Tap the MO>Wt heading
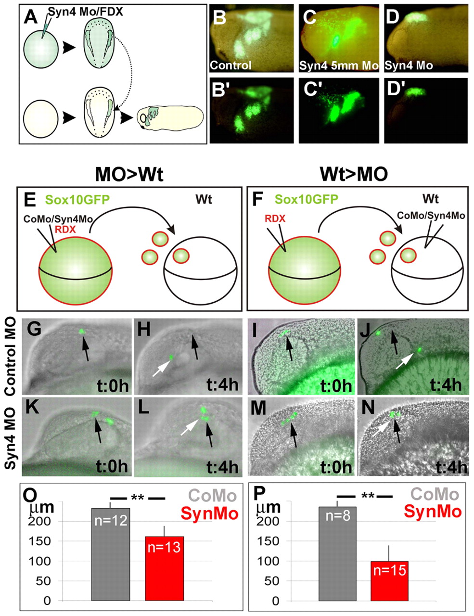click(x=129, y=175)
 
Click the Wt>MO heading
click(x=354, y=174)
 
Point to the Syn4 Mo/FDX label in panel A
click(x=85, y=12)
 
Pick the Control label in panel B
click(x=231, y=65)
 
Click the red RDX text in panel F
click(x=275, y=218)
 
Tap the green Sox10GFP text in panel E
click(x=77, y=200)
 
